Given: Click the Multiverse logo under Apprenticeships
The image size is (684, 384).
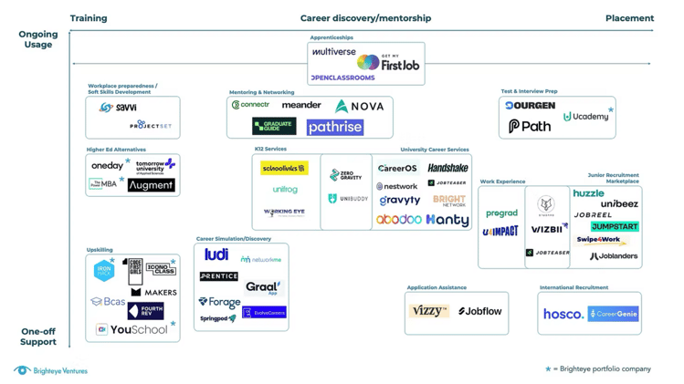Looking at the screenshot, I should click(x=334, y=53).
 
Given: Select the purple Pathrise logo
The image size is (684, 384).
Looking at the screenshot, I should click(x=334, y=128).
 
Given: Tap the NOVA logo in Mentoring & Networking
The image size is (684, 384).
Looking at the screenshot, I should click(x=360, y=107).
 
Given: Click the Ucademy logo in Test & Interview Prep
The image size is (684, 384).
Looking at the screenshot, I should click(x=585, y=117).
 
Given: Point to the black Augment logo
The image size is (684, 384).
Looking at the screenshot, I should click(x=152, y=185).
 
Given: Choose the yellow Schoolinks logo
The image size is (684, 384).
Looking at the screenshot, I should click(x=284, y=169).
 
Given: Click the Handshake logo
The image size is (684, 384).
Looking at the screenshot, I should click(x=447, y=168).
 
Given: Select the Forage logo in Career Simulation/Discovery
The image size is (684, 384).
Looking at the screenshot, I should click(x=219, y=301).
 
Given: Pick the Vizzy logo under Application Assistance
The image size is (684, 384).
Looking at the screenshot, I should click(x=428, y=311).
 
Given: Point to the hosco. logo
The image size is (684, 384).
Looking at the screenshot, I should click(x=563, y=314).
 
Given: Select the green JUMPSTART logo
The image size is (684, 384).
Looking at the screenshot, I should click(x=614, y=226).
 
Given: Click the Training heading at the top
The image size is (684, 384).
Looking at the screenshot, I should click(x=89, y=18).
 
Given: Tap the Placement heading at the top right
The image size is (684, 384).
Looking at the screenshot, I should click(x=629, y=18).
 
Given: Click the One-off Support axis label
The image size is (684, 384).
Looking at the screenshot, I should click(x=38, y=337).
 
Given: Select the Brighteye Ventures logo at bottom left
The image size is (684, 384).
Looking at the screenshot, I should click(x=51, y=370).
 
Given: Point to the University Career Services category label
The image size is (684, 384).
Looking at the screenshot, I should click(x=434, y=150).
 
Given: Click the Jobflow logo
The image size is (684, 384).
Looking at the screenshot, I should click(x=480, y=311).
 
